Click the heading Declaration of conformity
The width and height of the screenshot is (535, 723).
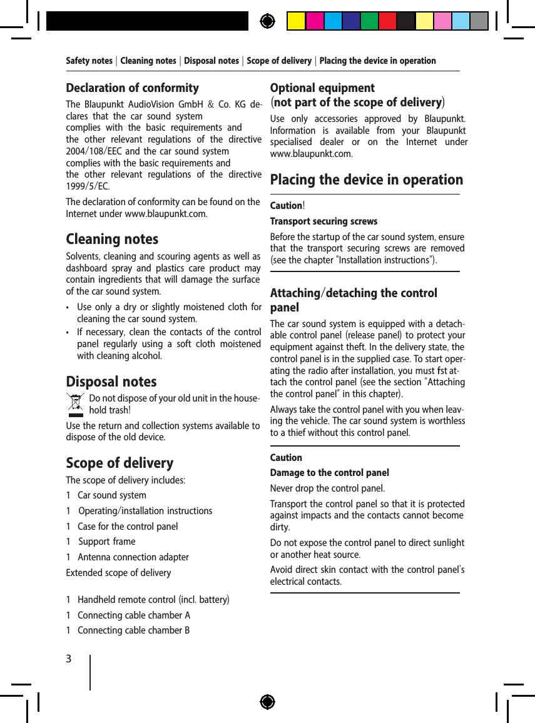click(133, 88)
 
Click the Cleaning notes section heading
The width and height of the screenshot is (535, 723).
click(112, 240)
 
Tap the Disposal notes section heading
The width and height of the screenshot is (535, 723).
click(111, 382)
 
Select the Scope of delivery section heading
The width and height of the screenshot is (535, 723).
click(120, 463)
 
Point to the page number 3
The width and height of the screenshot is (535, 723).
click(69, 659)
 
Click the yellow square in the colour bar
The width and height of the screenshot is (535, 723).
click(296, 21)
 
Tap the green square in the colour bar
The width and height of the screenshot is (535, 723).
click(369, 21)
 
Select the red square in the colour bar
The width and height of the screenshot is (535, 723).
click(387, 21)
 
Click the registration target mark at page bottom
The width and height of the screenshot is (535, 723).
click(267, 702)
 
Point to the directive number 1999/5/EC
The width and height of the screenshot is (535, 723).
click(87, 186)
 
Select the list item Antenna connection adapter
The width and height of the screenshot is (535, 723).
click(133, 557)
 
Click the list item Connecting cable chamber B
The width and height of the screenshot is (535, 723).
click(133, 630)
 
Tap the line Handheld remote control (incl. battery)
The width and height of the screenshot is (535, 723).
click(153, 600)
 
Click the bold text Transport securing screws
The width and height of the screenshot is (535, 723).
click(324, 221)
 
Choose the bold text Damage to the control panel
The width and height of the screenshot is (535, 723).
click(329, 473)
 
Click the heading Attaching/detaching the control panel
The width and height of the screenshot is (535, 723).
click(353, 300)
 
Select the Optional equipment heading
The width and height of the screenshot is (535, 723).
click(322, 88)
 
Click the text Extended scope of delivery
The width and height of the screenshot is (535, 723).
click(118, 573)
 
